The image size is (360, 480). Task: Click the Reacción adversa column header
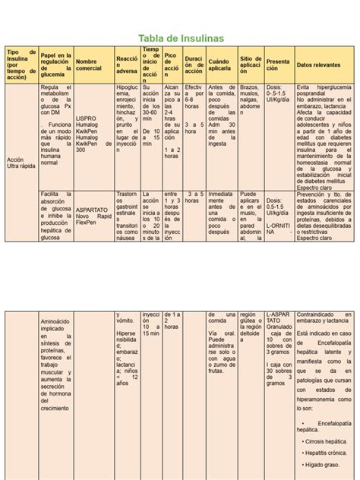(126, 65)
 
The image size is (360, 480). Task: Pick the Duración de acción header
(194, 65)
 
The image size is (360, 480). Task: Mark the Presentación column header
(277, 65)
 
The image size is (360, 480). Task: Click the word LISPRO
(87, 118)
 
